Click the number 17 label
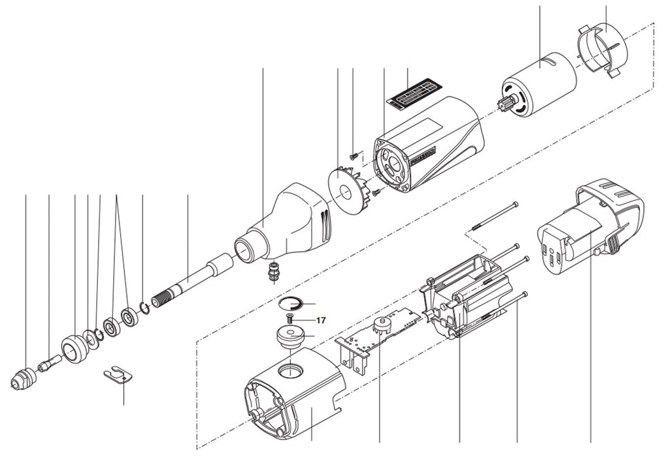[320, 320]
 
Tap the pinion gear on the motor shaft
[508, 104]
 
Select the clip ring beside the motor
[601, 49]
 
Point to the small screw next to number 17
[290, 319]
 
